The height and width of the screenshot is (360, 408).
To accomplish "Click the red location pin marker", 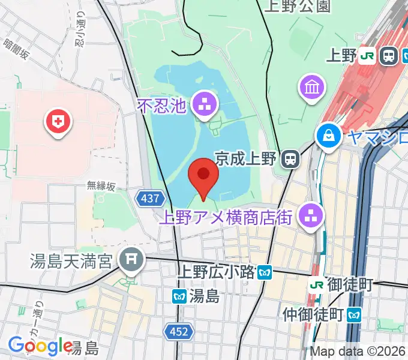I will (x=203, y=175).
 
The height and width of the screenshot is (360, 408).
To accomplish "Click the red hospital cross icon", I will (x=58, y=123).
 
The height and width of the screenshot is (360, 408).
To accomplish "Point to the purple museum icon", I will (x=312, y=88).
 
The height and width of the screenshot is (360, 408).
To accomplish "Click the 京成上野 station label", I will (x=245, y=159).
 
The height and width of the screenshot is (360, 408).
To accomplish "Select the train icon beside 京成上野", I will (x=291, y=159).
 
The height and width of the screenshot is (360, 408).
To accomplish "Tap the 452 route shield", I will (x=178, y=331).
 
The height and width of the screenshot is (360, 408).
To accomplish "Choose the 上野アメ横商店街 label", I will (x=228, y=217).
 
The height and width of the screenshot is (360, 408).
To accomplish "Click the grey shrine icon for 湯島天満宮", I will (x=130, y=260).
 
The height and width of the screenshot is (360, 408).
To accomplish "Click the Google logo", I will (x=40, y=346).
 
